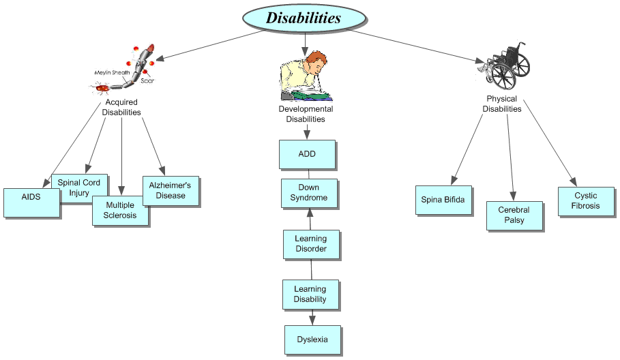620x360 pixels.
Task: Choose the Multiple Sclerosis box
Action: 120,211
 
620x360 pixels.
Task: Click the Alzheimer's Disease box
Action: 171,191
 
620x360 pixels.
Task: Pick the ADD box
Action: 307,154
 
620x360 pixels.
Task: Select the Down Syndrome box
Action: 309,193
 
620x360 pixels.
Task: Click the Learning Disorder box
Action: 311,244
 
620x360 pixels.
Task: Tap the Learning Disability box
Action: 310,295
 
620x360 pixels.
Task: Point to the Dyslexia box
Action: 312,340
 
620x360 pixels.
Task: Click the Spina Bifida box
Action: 443,200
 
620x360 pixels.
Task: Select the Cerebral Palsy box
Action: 514,215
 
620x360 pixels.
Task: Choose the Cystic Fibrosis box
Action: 585,201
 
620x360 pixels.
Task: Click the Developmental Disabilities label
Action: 306,114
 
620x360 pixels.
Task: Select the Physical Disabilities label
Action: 502,104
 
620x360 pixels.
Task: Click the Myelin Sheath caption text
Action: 111,72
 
